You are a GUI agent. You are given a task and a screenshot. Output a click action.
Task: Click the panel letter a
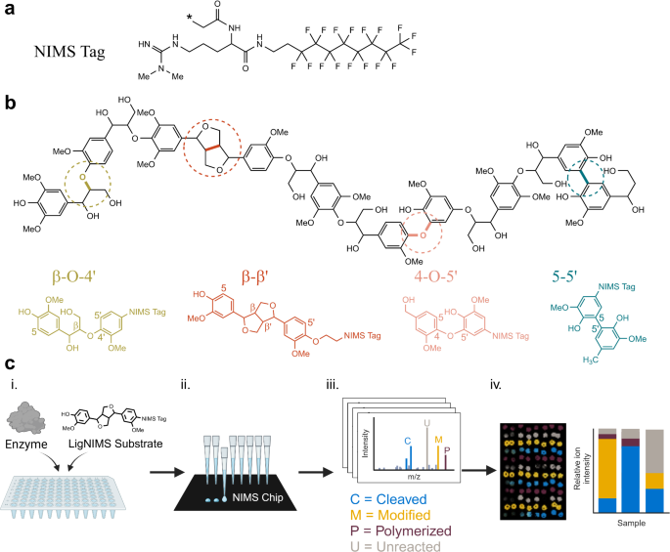(10, 10)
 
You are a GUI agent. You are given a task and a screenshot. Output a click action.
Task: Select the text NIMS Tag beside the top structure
(67, 49)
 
